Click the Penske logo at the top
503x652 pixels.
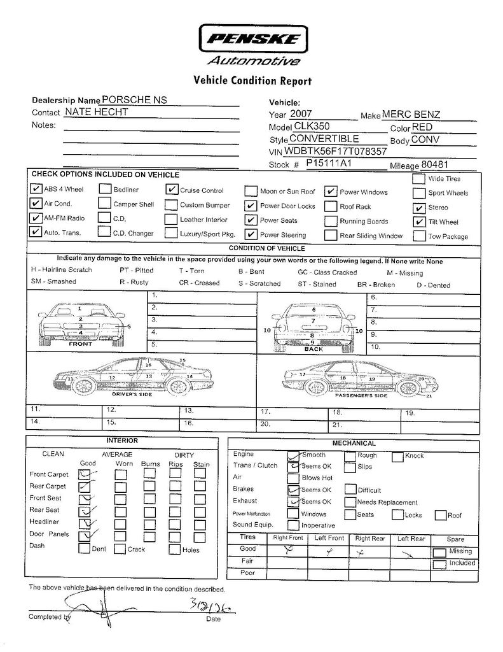[x=252, y=39]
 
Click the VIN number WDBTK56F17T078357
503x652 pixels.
[x=337, y=152]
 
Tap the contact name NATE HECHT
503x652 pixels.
[x=97, y=112]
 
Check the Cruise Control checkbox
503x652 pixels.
[x=171, y=189]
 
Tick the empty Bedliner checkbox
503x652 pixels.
[x=104, y=189]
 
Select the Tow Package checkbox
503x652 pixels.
[x=418, y=236]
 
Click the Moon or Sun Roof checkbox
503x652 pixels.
[x=251, y=191]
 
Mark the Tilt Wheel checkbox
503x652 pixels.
[x=418, y=222]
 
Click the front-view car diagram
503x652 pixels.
[x=81, y=323]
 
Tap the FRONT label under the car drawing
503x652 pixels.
[x=81, y=344]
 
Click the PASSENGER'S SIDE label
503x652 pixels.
[x=361, y=396]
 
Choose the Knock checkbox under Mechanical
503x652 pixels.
[x=397, y=456]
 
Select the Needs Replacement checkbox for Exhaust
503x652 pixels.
[x=350, y=502]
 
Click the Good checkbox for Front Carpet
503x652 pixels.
[x=84, y=474]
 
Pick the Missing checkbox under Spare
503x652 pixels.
[x=439, y=552]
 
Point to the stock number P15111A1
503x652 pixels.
[x=329, y=164]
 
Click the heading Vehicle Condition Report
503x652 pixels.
[x=252, y=81]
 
